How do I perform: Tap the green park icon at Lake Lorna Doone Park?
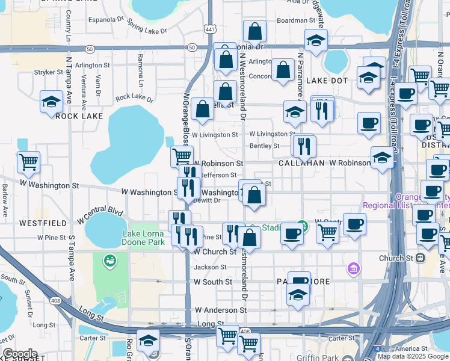[x=109, y=261]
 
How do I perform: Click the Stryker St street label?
[x=49, y=72]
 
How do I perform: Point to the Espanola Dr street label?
[x=105, y=19]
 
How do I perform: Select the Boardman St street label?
[x=293, y=20]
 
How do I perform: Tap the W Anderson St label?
[x=221, y=310]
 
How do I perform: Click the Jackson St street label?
[x=206, y=267]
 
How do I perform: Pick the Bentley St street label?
[x=264, y=146]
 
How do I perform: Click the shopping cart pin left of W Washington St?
[x=28, y=161]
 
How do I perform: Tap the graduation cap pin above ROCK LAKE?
[x=52, y=101]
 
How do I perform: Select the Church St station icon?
[x=421, y=258]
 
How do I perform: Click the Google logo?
[x=20, y=353]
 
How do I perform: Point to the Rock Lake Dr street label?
[x=134, y=97]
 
